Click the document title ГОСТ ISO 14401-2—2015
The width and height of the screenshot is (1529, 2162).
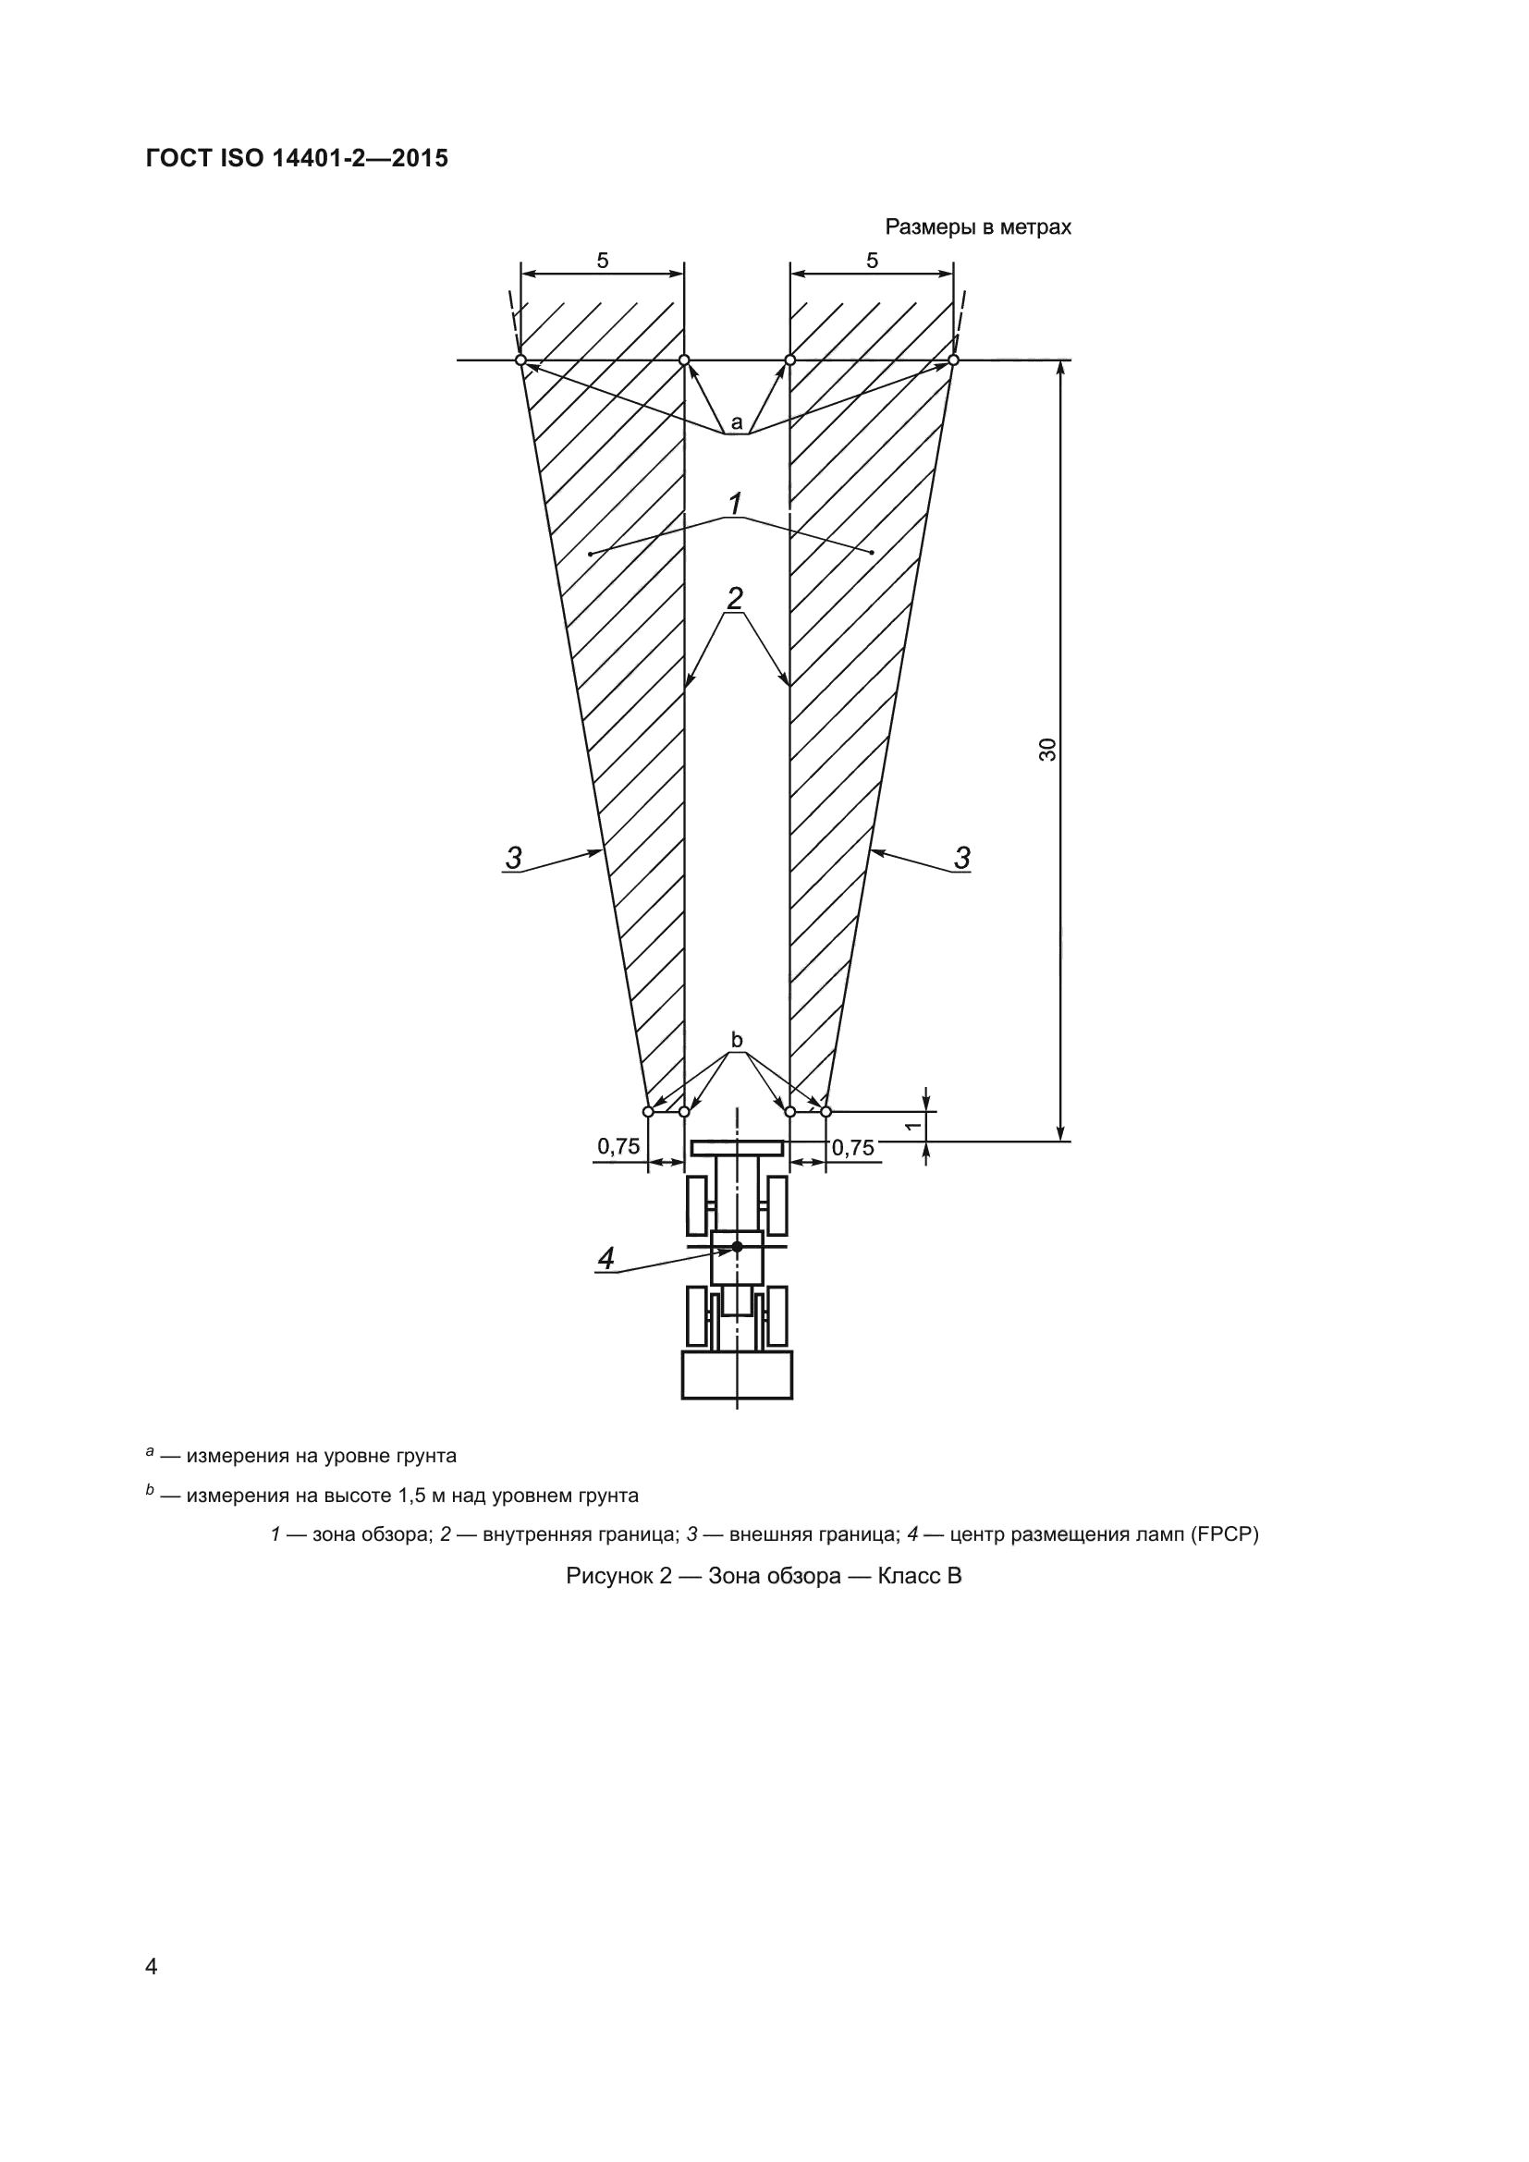[297, 158]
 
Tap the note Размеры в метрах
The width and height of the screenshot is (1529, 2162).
[977, 228]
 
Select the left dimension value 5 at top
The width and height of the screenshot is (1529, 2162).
[603, 261]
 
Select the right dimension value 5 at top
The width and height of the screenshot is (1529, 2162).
[872, 261]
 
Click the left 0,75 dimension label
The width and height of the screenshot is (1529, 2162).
[618, 1146]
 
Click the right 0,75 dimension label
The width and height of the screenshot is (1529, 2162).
[853, 1147]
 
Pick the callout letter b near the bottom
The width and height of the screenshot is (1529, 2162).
[737, 1040]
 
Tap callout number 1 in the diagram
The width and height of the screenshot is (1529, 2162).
[735, 504]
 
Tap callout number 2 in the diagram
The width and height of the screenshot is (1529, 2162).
[735, 598]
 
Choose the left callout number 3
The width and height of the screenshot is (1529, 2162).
[513, 858]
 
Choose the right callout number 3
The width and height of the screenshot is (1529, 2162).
[961, 858]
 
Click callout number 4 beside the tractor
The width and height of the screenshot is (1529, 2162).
[605, 1258]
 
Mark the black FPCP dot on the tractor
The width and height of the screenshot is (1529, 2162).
[737, 1247]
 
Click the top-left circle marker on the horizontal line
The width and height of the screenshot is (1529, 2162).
[520, 360]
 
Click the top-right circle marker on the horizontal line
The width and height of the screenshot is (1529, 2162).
[954, 360]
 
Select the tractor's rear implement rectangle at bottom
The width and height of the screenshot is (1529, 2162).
[737, 1374]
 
